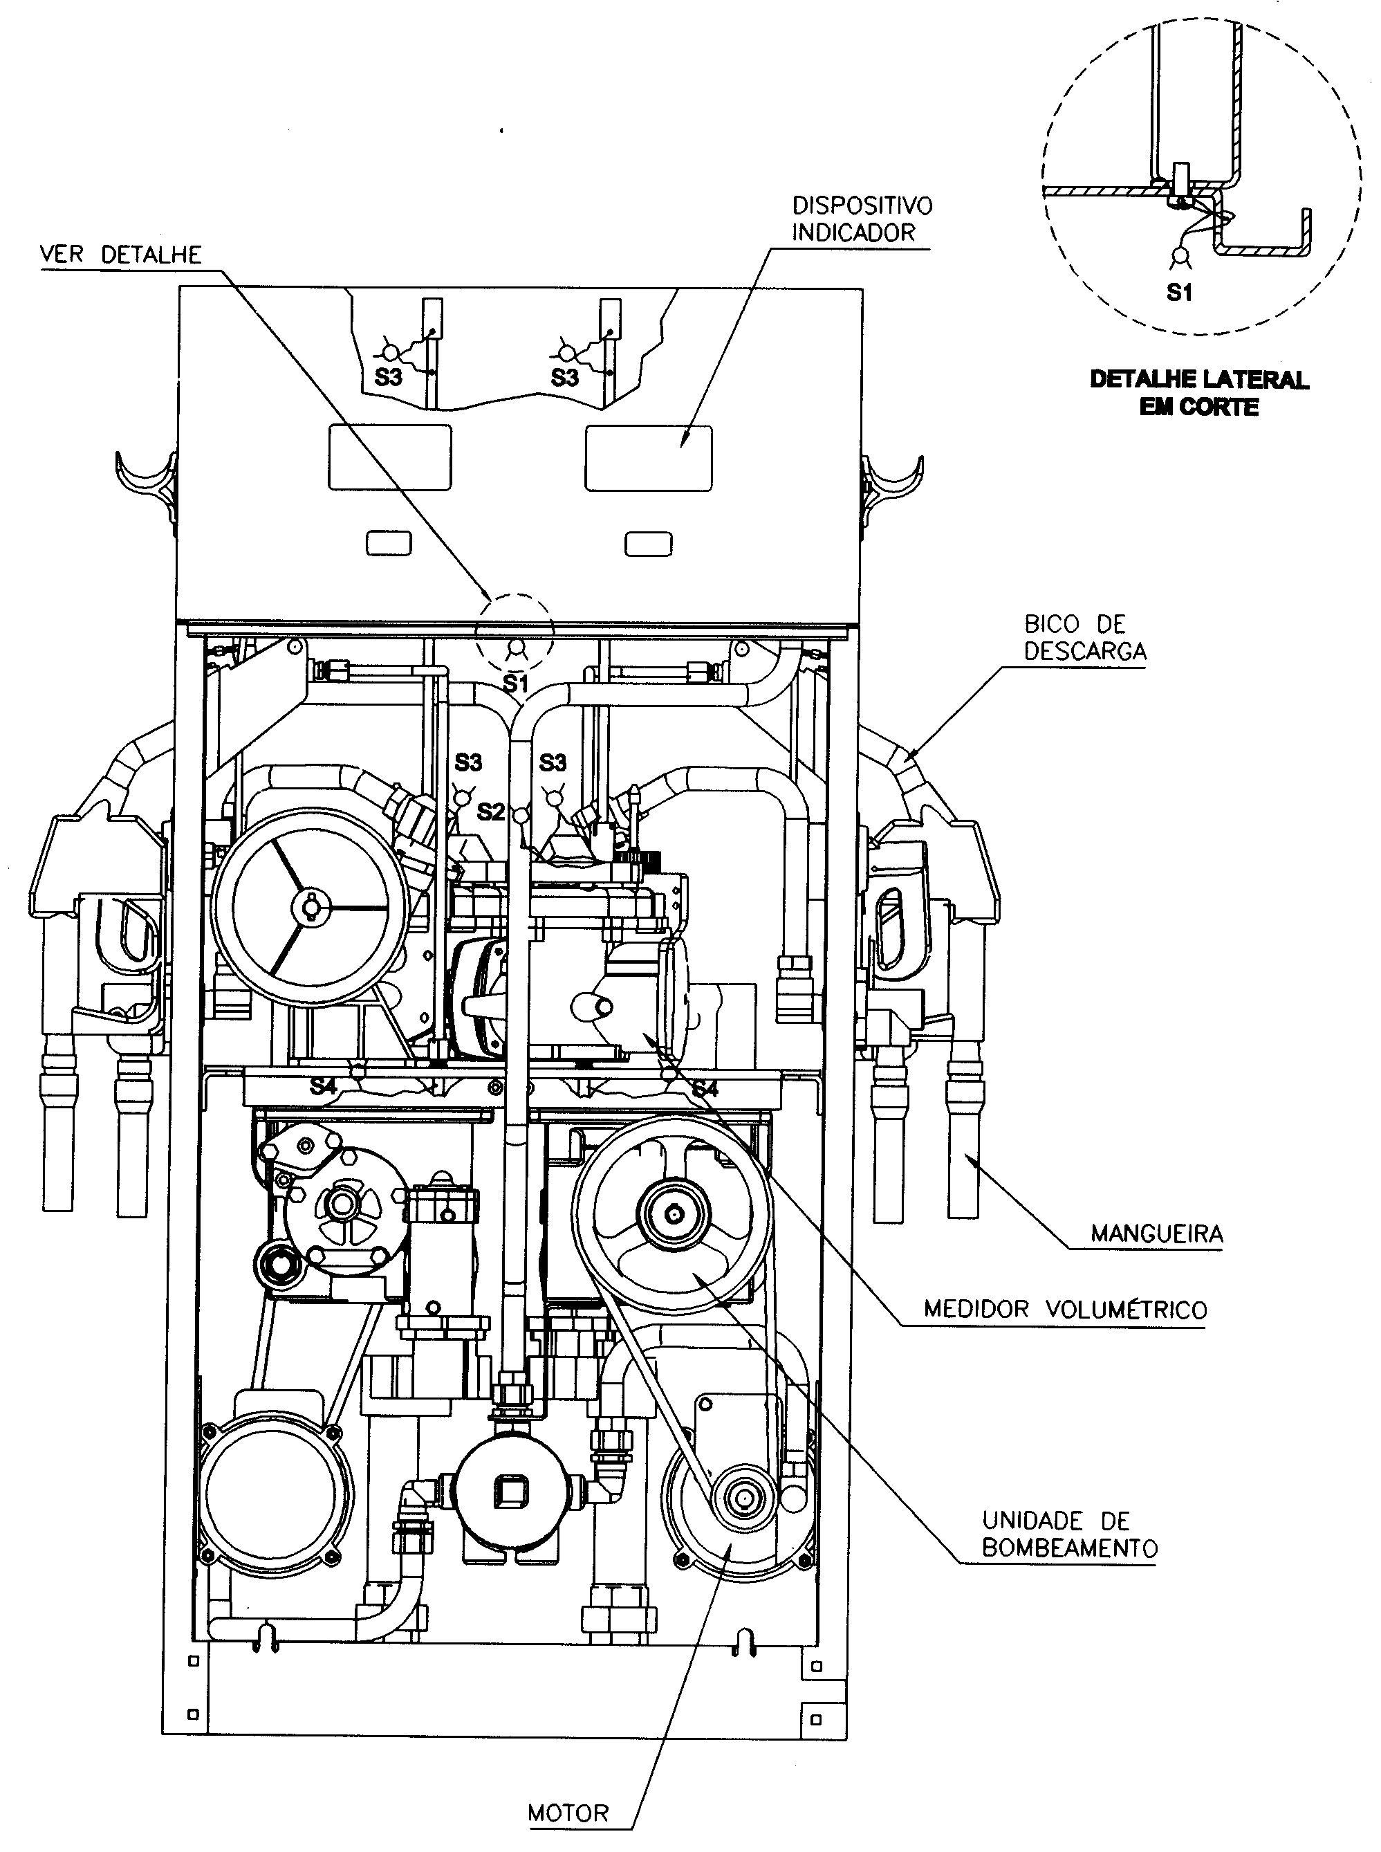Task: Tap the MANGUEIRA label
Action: click(1157, 1232)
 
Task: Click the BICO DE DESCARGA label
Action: click(1085, 637)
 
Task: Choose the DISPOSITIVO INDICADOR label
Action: click(862, 218)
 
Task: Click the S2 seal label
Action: click(491, 811)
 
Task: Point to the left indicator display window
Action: click(389, 457)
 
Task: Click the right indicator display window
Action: click(649, 457)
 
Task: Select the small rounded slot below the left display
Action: click(389, 544)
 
